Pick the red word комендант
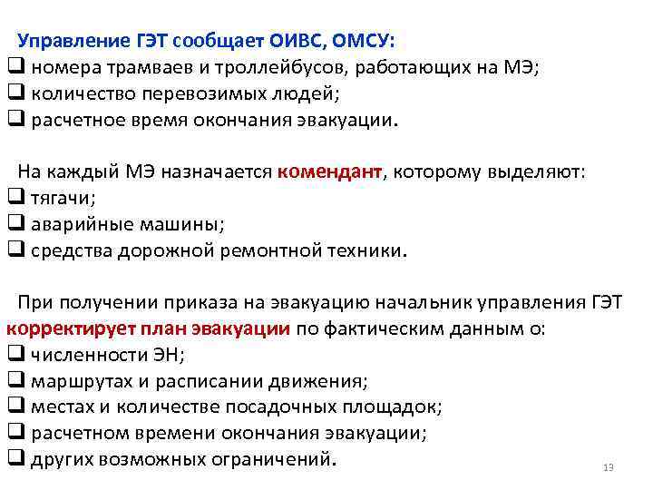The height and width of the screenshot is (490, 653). point(330,172)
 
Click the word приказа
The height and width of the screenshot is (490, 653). point(192,303)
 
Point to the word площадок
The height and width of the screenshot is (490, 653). point(388,407)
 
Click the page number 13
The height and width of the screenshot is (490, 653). point(608,468)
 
